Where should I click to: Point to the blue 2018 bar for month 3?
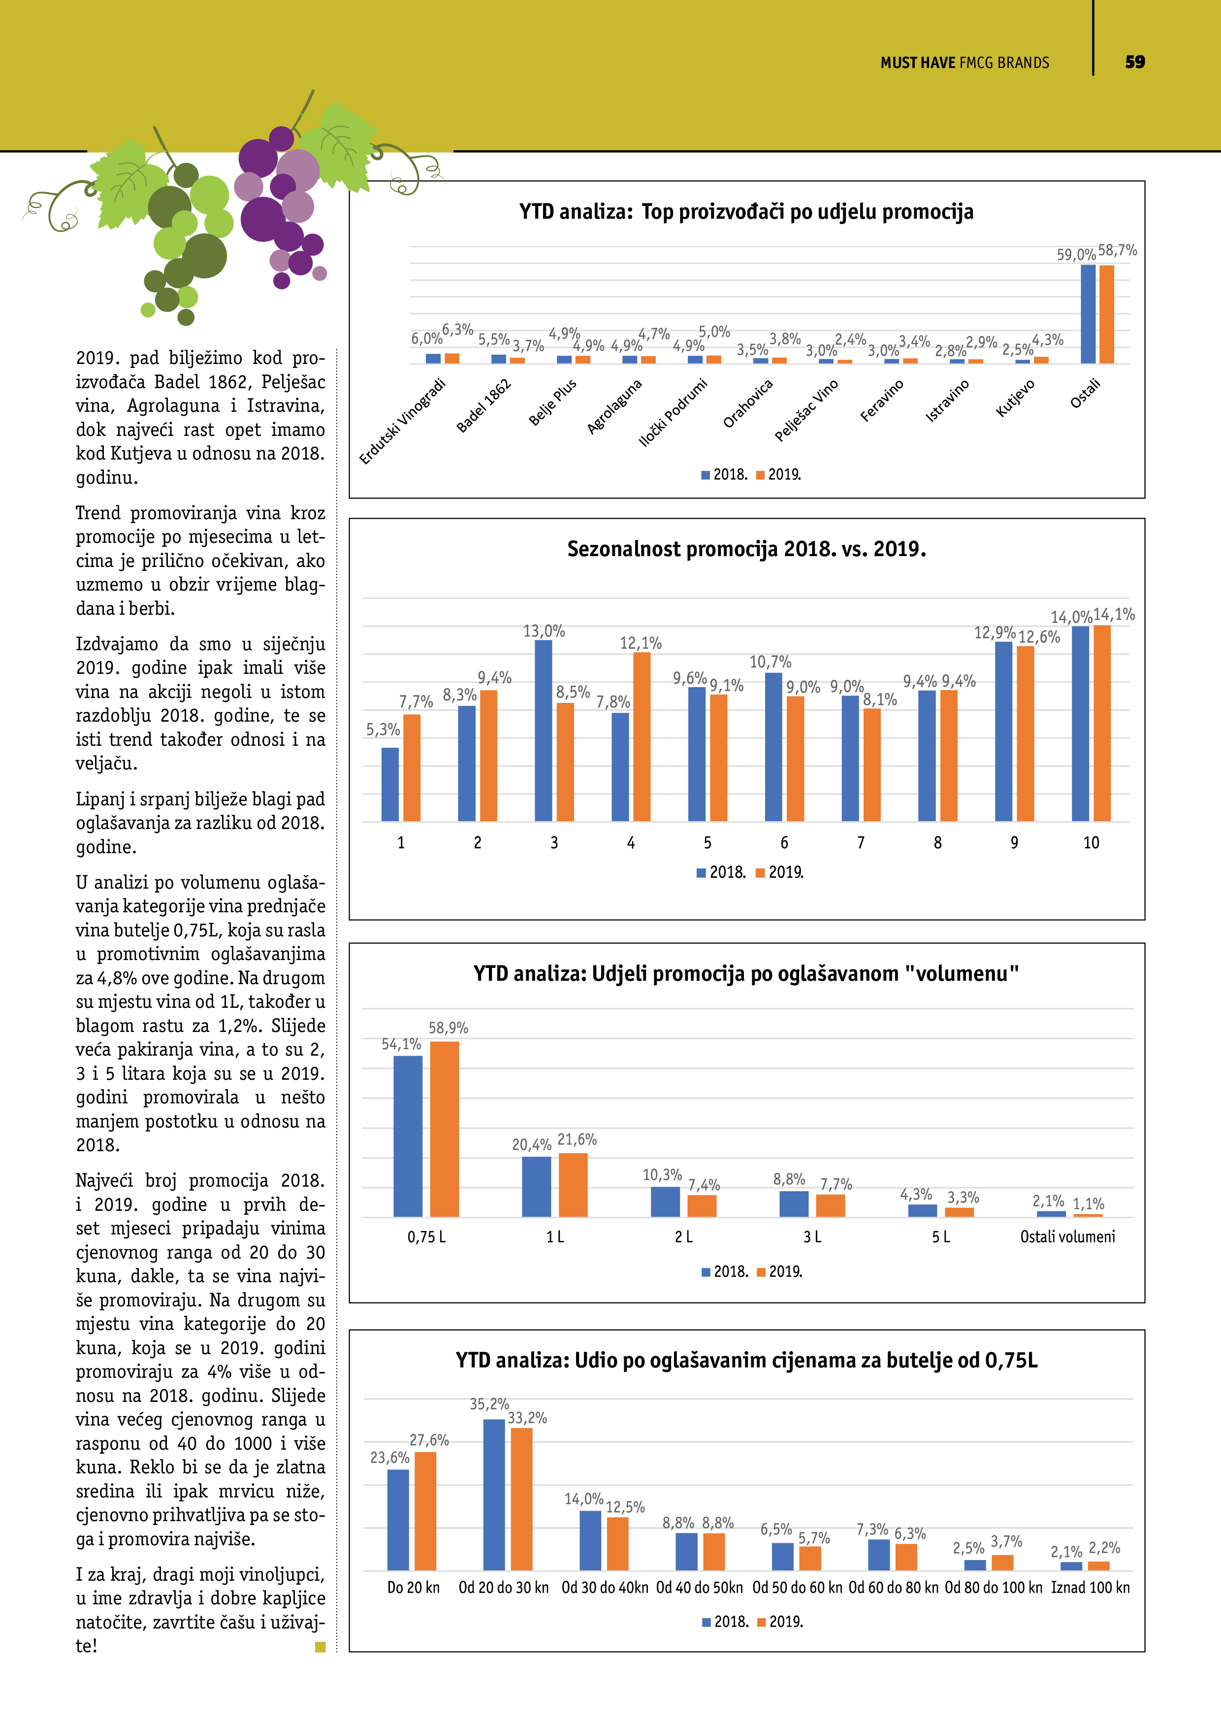point(543,730)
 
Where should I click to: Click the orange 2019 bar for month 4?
point(642,736)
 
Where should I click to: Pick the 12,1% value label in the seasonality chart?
point(640,643)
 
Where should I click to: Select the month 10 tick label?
point(1091,843)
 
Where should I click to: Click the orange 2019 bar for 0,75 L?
point(444,1129)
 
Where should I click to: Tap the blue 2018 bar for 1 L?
point(536,1186)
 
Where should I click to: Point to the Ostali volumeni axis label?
point(1067,1236)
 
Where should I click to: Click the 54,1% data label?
point(401,1044)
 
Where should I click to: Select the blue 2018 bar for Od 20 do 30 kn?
point(493,1494)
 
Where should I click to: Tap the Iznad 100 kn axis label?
point(1090,1587)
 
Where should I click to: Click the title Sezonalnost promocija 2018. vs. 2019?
point(746,549)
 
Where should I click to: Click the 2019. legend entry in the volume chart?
point(780,1272)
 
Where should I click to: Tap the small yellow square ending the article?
point(320,1647)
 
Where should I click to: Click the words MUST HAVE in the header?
point(917,63)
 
